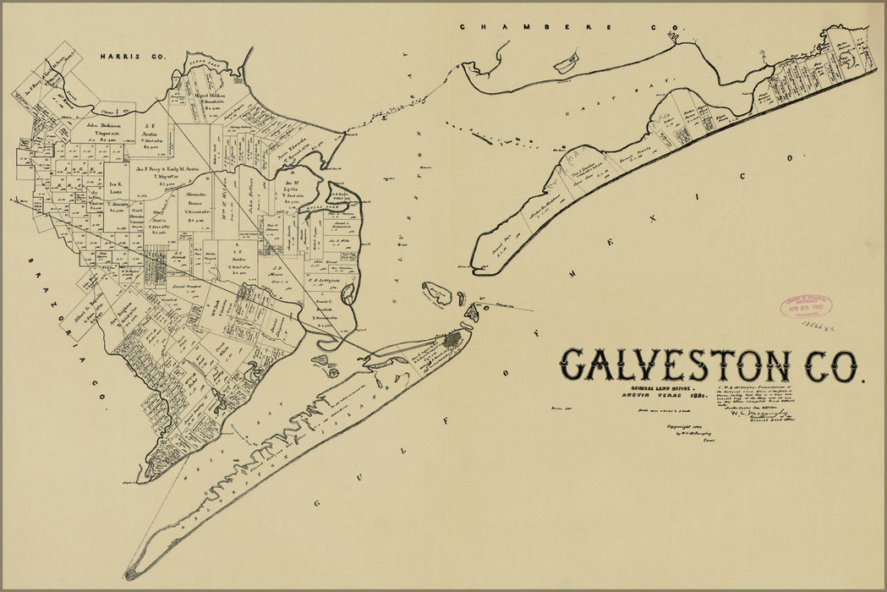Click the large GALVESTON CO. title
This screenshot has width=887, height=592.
[709, 365]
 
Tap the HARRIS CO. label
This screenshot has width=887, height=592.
[134, 57]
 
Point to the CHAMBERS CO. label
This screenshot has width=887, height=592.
[558, 27]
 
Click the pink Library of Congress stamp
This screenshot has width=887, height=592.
[805, 306]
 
